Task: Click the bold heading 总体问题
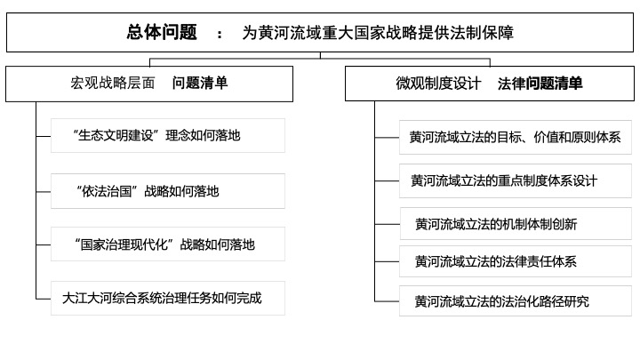(162, 32)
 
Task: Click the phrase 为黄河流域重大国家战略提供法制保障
(378, 33)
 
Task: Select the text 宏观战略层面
(113, 83)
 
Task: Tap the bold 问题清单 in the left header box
(200, 83)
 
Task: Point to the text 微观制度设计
(438, 84)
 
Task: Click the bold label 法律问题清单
(540, 84)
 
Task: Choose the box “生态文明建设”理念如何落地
(168, 135)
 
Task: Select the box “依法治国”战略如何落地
(168, 191)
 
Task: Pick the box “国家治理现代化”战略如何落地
(168, 244)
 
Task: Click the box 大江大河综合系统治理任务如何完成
(168, 298)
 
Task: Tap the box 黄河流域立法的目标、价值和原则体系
(515, 137)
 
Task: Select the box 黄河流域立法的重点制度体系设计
(515, 180)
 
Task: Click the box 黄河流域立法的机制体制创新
(516, 224)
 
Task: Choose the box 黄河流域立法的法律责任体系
(515, 261)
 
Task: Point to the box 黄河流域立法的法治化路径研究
(515, 301)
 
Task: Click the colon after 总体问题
(220, 35)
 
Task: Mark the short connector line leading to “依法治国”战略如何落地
(44, 191)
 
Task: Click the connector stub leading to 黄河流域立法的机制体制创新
(388, 224)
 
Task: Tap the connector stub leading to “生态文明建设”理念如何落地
(44, 136)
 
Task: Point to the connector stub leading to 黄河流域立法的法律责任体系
(387, 261)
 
